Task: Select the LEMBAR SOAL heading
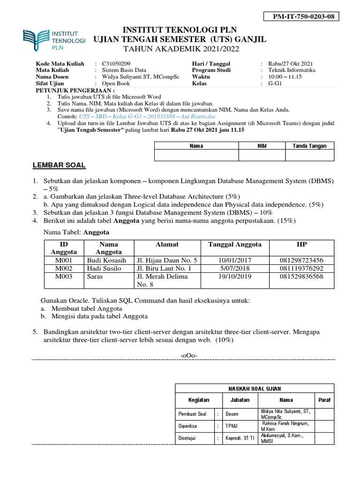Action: (x=59, y=165)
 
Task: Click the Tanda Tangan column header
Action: (x=309, y=146)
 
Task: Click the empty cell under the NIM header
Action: (x=262, y=155)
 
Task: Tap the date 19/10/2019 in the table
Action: (x=234, y=277)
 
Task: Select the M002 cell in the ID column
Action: (x=63, y=269)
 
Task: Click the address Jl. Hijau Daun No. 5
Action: (x=167, y=260)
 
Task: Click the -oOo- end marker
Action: (x=189, y=356)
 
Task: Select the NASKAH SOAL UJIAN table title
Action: (x=254, y=389)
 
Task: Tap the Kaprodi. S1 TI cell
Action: (x=240, y=439)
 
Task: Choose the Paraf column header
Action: (x=324, y=400)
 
